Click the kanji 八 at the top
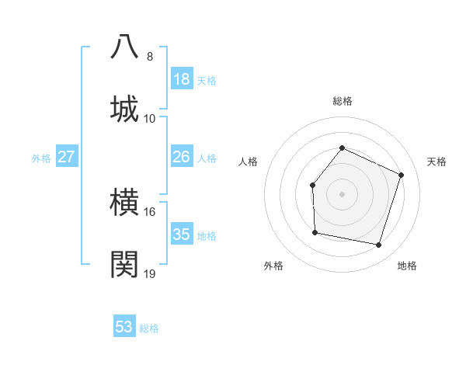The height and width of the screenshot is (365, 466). coord(125,47)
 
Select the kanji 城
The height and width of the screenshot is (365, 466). coord(125,108)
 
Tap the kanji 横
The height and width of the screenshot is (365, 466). coord(125,203)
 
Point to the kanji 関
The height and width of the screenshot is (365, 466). coord(125,264)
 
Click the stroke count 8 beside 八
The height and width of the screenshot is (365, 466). coord(150,57)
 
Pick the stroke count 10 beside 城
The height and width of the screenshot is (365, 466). coord(150,118)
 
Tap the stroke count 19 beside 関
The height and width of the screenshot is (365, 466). coord(150,273)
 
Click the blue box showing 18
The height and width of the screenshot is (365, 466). coord(182,79)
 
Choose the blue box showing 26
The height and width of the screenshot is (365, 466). coord(182,157)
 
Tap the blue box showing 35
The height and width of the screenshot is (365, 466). coord(182,235)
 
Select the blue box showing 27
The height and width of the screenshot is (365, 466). coord(67,157)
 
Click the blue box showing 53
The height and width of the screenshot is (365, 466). coord(124,327)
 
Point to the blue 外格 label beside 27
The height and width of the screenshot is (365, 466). coord(41,158)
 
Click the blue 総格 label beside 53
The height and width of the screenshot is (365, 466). coord(149,328)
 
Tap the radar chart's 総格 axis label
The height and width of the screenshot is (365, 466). coord(342,101)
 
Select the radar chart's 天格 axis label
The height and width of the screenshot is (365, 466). coord(436,162)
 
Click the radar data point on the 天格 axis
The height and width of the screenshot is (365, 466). coord(402,175)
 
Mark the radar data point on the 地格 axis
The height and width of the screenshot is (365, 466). coord(379,245)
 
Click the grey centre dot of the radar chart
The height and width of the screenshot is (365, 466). coord(342,194)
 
